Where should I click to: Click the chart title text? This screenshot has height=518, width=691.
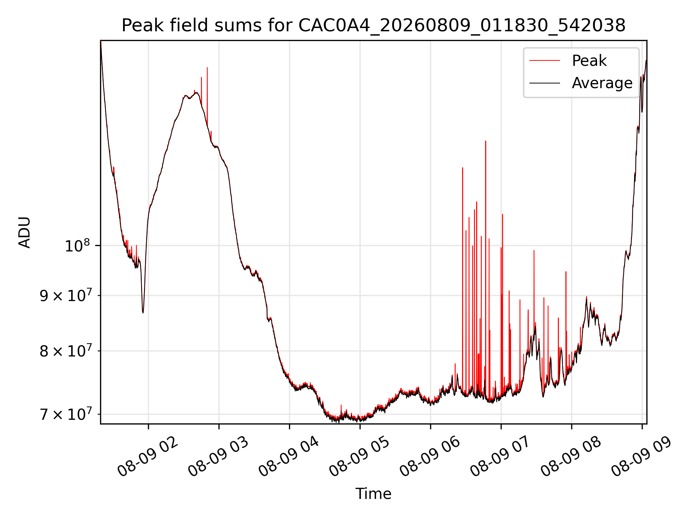[373, 26]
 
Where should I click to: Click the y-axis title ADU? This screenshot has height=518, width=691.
[25, 232]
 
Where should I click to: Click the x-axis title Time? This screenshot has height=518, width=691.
[373, 494]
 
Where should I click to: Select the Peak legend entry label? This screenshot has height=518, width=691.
[589, 61]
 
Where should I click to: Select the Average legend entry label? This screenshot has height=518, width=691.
[602, 83]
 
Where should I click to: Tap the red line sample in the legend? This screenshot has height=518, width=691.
[545, 61]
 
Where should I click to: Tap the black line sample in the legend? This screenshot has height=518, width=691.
[545, 83]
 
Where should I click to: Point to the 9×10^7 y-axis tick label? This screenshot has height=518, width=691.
[65, 295]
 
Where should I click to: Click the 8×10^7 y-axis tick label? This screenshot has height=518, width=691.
[65, 351]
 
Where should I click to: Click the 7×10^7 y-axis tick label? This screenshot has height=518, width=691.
[65, 414]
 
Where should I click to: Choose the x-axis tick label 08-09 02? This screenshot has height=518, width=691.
[148, 456]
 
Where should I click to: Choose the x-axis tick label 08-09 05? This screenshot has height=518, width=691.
[359, 456]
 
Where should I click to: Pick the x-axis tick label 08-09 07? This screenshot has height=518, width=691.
[500, 456]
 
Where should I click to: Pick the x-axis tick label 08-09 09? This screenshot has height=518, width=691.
[641, 456]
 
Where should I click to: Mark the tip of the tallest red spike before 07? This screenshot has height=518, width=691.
[485, 141]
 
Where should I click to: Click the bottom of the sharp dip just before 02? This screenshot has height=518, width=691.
[143, 313]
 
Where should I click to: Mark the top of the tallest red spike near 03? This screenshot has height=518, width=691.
[207, 68]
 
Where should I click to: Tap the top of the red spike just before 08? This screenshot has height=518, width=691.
[566, 272]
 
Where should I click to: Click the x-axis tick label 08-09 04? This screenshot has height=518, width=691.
[289, 456]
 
